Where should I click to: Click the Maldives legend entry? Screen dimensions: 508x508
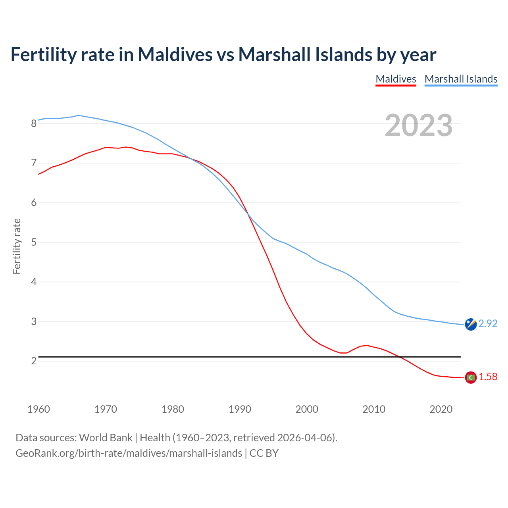pos(396,79)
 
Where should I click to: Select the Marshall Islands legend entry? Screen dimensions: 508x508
pos(461,79)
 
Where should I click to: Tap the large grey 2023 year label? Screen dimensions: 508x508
pos(418,125)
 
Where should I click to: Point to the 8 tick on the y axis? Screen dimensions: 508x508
pos(34,123)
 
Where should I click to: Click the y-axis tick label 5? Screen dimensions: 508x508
pos(34,242)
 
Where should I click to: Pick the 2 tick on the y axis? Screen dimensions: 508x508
pos(34,361)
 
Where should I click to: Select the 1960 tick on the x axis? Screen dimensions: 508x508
pos(38,409)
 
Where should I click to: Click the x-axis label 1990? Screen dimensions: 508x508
pos(240,409)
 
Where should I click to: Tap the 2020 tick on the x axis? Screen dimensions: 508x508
pos(441,409)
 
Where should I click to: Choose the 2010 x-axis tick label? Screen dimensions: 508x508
pos(374,409)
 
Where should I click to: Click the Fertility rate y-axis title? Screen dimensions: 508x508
pos(17,246)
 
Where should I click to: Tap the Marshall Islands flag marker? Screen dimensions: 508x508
pos(471,324)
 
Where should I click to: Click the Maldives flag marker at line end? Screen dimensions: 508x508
pos(471,377)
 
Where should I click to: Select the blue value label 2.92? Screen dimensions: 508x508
pos(488,324)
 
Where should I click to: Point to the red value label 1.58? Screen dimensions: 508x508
pos(488,377)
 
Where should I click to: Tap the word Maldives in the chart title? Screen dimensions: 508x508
pos(175,54)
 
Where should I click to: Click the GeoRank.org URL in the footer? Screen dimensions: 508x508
pos(129,453)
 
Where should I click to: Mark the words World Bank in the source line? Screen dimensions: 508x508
pos(106,438)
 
